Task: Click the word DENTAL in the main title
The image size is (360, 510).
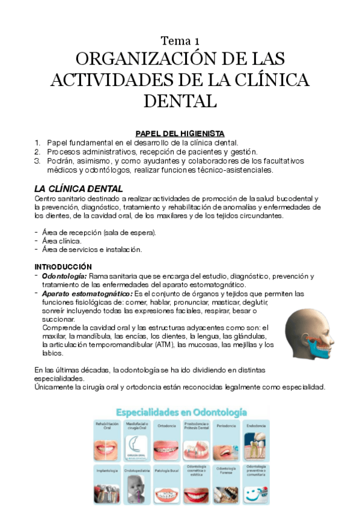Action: click(x=180, y=100)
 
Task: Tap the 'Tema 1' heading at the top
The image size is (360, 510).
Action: click(x=180, y=41)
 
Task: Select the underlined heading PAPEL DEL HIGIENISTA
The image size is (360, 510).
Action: click(x=180, y=133)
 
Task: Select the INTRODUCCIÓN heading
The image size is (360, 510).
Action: click(x=63, y=266)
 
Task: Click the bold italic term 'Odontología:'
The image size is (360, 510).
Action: click(x=64, y=276)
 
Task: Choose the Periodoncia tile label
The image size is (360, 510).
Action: click(x=225, y=425)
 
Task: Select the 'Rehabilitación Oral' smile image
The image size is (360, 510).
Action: click(x=107, y=448)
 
